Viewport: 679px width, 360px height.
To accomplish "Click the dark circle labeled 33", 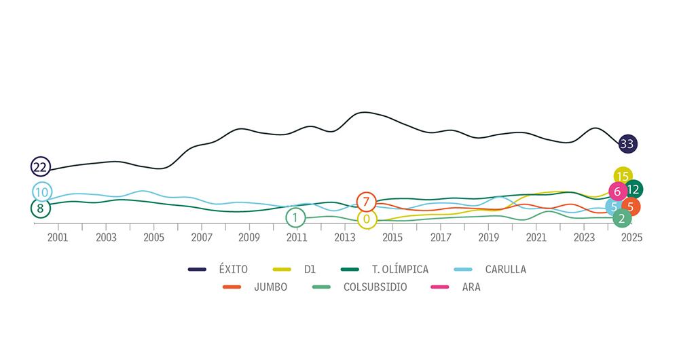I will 627,143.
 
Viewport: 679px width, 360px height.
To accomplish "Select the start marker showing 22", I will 40,166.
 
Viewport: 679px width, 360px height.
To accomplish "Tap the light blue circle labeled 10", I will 42,192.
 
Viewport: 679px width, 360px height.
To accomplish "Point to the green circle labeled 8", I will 40,209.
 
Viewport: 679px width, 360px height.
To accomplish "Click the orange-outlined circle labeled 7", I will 366,202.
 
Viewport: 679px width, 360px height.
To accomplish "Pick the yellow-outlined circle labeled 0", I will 367,219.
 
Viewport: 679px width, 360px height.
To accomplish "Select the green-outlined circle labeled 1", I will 295,218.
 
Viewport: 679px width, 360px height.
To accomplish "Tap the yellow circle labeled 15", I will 623,177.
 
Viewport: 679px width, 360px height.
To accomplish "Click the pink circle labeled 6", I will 617,192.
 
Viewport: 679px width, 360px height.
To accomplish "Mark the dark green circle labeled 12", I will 634,190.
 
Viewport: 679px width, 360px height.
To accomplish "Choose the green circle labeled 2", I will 621,218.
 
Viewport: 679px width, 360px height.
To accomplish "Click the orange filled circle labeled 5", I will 631,207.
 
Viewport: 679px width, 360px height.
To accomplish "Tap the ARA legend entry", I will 471,287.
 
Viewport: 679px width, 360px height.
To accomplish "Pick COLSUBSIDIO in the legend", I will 375,287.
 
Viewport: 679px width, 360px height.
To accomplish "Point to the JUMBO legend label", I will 270,287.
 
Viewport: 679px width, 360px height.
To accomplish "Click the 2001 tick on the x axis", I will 58,237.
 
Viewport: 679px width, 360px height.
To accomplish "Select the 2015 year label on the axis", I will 392,237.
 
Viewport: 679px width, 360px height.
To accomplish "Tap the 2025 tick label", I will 631,237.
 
